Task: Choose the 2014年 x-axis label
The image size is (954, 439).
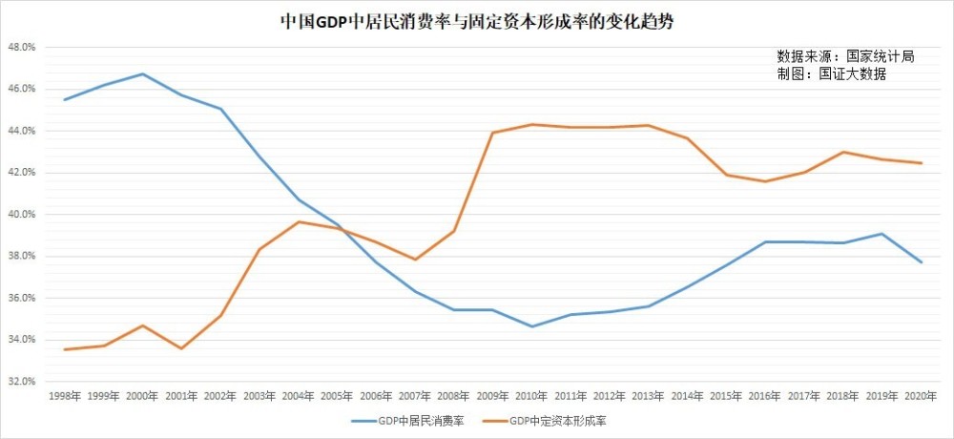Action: point(688,394)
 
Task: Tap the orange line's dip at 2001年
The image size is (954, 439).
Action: point(181,348)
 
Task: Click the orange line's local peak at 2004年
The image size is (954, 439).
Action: point(299,221)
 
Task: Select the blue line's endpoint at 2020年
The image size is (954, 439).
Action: point(922,262)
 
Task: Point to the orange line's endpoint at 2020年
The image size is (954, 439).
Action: point(922,163)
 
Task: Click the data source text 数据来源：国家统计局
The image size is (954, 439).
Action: point(845,56)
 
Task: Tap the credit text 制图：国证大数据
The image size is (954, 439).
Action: point(831,73)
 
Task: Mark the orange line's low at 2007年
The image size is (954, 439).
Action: point(415,260)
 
